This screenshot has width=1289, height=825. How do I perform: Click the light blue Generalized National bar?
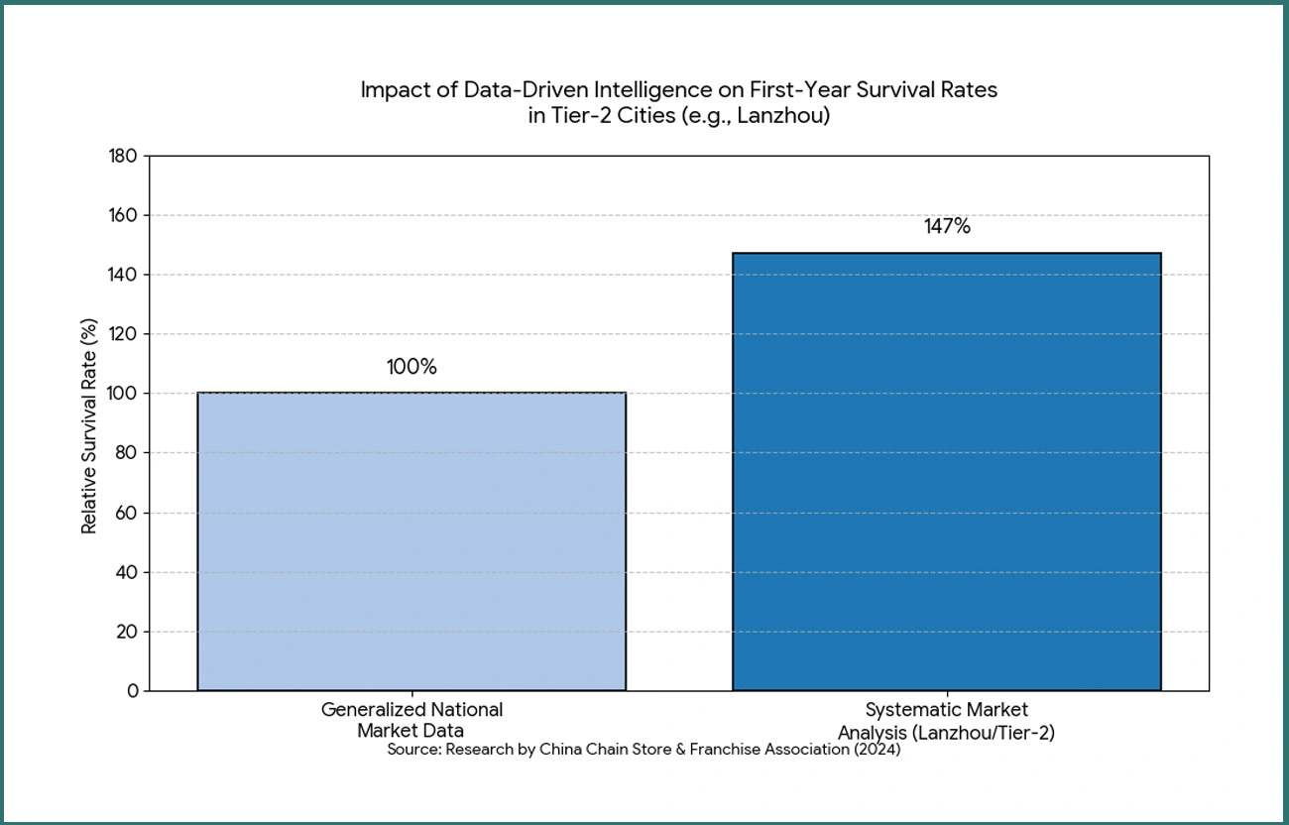(x=411, y=540)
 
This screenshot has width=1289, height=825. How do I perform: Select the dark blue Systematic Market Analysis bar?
(x=946, y=471)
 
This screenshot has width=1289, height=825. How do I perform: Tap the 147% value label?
(x=947, y=226)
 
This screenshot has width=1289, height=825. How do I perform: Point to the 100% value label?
(x=411, y=367)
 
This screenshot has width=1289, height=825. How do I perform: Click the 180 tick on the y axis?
(x=123, y=156)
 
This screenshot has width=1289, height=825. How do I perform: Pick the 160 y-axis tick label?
(x=123, y=215)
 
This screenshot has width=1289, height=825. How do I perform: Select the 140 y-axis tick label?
(x=123, y=275)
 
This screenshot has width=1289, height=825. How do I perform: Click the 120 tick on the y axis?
(x=123, y=334)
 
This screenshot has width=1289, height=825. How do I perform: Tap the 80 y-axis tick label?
(x=127, y=453)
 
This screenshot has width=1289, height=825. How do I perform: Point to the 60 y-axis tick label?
(x=127, y=513)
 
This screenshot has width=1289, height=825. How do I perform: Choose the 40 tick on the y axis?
(x=127, y=572)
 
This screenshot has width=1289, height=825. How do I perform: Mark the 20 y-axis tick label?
(x=127, y=632)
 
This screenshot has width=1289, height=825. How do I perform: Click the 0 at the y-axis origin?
(x=132, y=691)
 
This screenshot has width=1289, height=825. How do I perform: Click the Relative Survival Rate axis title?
(x=89, y=426)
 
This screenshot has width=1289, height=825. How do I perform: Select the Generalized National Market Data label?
(x=411, y=720)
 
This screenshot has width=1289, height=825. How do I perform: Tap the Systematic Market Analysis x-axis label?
(x=946, y=721)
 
